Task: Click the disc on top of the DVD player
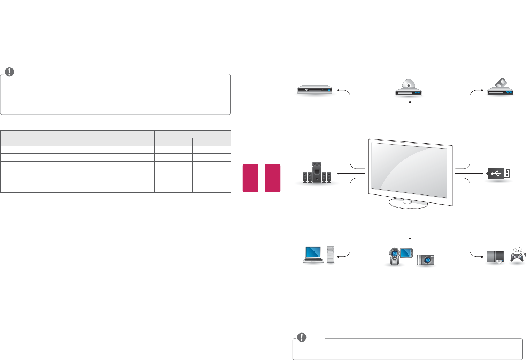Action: click(408, 84)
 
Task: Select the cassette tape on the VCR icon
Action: click(501, 84)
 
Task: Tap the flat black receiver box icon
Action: click(315, 90)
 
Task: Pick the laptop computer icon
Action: click(313, 254)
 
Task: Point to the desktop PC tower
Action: click(331, 255)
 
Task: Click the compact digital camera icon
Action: click(425, 260)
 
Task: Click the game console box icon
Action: click(495, 256)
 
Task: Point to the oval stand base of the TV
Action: click(408, 204)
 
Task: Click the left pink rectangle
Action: click(250, 178)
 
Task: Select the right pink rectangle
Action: click(272, 178)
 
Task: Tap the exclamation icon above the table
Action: click(9, 72)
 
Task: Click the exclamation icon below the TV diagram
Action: click(302, 337)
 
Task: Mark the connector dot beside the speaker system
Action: click(338, 173)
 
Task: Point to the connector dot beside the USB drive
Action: click(482, 173)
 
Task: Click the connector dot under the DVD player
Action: click(410, 102)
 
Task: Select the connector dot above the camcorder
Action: click(410, 238)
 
